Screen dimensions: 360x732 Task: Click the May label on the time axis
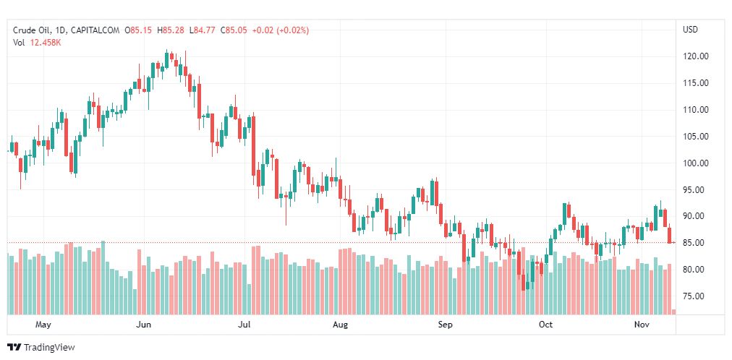coord(43,325)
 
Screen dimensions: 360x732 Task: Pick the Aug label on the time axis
coord(341,325)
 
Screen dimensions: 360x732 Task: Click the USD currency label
coord(690,30)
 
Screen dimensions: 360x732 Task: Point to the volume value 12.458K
coord(46,42)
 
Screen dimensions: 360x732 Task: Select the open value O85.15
coord(139,30)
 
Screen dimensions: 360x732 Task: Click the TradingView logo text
coord(48,348)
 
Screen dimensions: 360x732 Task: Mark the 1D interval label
coord(61,30)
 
